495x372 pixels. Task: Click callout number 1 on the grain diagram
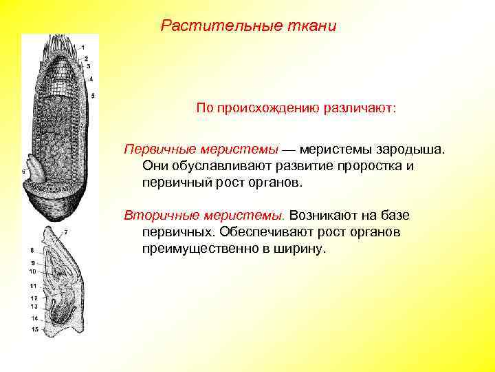pos(82,48)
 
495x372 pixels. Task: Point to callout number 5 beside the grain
pos(93,95)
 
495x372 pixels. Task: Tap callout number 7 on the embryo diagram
pos(65,231)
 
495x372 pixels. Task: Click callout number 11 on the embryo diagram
pos(32,285)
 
